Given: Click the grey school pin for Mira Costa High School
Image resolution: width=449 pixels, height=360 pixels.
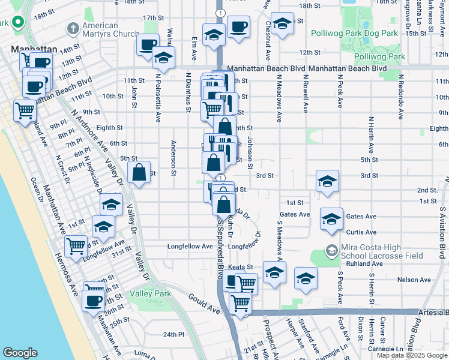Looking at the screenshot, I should (331, 249).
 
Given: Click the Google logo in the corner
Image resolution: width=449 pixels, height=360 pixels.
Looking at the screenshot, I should (20, 352).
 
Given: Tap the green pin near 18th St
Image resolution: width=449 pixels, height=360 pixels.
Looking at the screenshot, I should (19, 23).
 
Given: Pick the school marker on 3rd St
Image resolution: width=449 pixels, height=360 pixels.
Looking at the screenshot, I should (327, 181).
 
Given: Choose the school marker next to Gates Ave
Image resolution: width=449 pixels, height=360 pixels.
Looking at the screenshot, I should (331, 219).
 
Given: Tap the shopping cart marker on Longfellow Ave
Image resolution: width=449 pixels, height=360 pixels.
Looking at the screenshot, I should (76, 246).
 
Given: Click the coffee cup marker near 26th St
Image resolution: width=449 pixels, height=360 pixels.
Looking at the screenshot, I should (94, 301).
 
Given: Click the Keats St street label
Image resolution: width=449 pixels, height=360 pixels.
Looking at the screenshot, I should (241, 266).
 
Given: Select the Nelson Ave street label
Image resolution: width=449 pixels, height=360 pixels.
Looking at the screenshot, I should (414, 280).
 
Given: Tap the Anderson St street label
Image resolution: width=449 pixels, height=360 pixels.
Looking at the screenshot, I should (173, 158).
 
